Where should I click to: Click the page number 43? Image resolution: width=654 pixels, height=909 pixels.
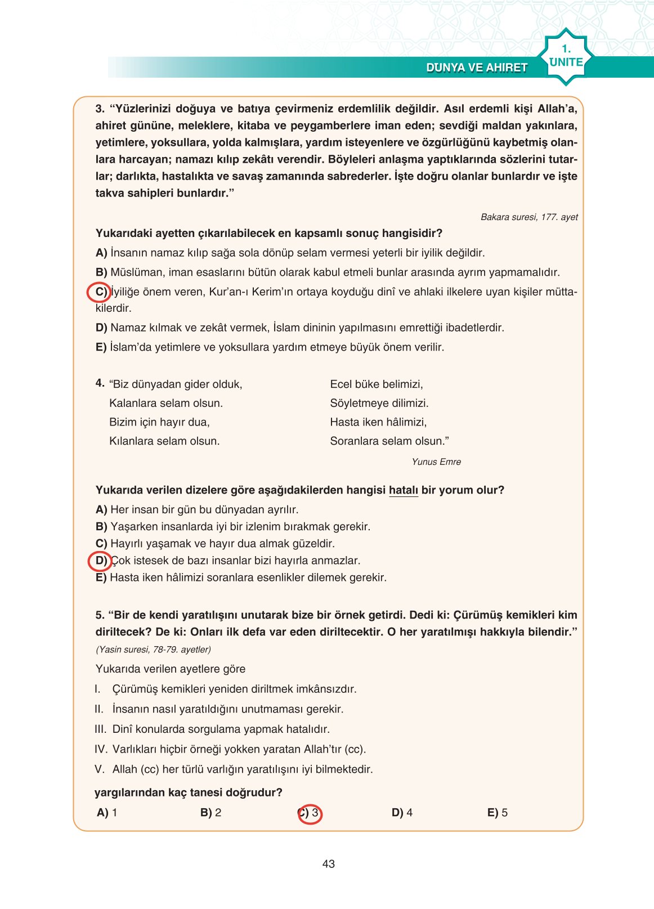pos(329,864)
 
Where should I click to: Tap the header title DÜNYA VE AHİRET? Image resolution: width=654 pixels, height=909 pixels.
pos(477,68)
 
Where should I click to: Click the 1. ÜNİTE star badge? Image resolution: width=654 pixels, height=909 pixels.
pos(566,57)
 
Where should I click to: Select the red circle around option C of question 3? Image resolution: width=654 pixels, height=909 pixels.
pos(97,292)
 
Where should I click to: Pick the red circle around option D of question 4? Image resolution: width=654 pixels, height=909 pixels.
pos(99,561)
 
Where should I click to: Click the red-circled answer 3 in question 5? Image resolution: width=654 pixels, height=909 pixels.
pos(310,813)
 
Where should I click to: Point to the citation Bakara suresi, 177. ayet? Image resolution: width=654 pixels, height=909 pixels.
pos(529,217)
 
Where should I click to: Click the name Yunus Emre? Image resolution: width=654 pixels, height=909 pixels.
pos(436,462)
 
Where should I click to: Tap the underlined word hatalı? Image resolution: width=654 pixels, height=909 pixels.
pos(403,490)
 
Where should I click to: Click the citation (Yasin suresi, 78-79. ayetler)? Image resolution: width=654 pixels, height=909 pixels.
pos(153,650)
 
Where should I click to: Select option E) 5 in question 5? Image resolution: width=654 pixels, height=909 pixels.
pos(498,813)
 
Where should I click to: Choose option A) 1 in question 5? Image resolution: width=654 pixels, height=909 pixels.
pos(107,813)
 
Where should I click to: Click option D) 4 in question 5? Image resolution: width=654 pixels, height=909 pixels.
pos(402,813)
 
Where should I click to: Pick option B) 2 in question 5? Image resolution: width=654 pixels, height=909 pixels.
pos(210,813)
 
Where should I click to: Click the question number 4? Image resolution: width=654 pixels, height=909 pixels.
pos(100,383)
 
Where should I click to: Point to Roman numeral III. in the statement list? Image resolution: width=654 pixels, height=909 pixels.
pos(100,729)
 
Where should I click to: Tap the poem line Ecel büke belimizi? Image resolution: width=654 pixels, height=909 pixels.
pos(376,384)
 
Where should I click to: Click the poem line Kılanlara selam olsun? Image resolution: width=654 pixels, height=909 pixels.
pos(164,441)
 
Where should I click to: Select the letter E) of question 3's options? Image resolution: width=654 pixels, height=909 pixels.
pos(101,347)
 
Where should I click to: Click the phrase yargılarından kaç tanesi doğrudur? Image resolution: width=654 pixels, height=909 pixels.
pos(189,792)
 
